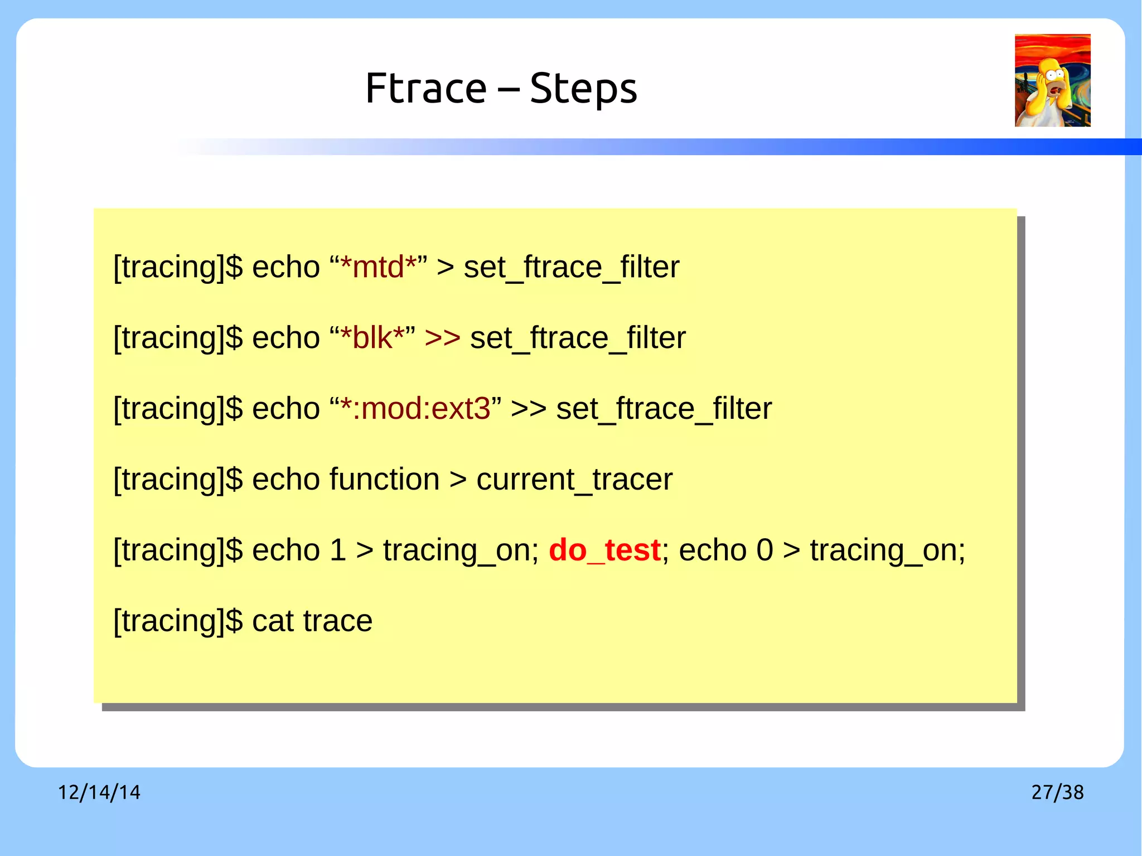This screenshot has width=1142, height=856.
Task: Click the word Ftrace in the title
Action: (426, 89)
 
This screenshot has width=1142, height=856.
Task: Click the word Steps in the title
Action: (583, 90)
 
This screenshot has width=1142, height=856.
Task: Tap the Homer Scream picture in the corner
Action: (1052, 80)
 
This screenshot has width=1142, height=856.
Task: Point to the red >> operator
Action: (442, 337)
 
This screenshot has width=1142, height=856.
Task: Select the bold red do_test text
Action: (604, 550)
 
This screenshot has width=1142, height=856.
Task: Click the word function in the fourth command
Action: (384, 479)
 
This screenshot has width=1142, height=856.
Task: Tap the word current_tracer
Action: (574, 480)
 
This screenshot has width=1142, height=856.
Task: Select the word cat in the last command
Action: (273, 621)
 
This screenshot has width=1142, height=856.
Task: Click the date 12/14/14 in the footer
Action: (99, 792)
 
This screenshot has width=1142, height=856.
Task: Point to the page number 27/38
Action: (1057, 792)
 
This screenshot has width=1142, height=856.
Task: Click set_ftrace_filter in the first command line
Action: (572, 267)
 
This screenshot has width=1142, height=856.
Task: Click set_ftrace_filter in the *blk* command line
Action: (578, 338)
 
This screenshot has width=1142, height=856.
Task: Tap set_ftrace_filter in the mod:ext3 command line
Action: (664, 409)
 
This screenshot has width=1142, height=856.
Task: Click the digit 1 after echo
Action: (338, 550)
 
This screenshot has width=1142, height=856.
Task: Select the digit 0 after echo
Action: (764, 550)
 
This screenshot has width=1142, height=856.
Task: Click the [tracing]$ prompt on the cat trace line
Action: (178, 621)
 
